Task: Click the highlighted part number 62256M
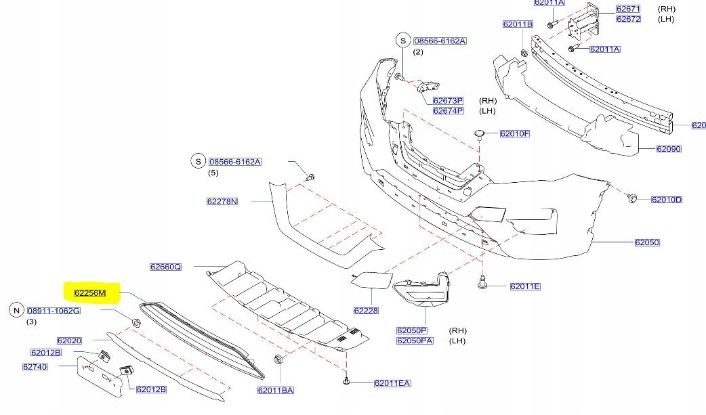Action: coord(90,293)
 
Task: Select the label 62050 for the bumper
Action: coord(647,242)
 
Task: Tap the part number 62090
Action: coord(669,148)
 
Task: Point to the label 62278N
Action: coord(222,201)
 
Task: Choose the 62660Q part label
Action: coord(166,267)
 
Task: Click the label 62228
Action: coord(366,310)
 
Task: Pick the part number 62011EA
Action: coord(392,383)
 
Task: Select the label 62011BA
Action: coord(276,390)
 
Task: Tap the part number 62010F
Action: coord(515,133)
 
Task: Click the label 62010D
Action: coord(667,200)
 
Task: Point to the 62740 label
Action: coord(35,367)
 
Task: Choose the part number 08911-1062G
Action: coord(54,311)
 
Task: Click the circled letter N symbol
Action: coord(17,310)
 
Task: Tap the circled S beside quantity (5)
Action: coord(198,161)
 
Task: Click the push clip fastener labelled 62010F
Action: coord(480,134)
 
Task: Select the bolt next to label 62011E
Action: coord(482,282)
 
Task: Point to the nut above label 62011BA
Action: coord(278,359)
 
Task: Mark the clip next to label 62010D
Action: coord(631,198)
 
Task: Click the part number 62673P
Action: coord(448,101)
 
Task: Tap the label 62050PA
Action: coord(415,341)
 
